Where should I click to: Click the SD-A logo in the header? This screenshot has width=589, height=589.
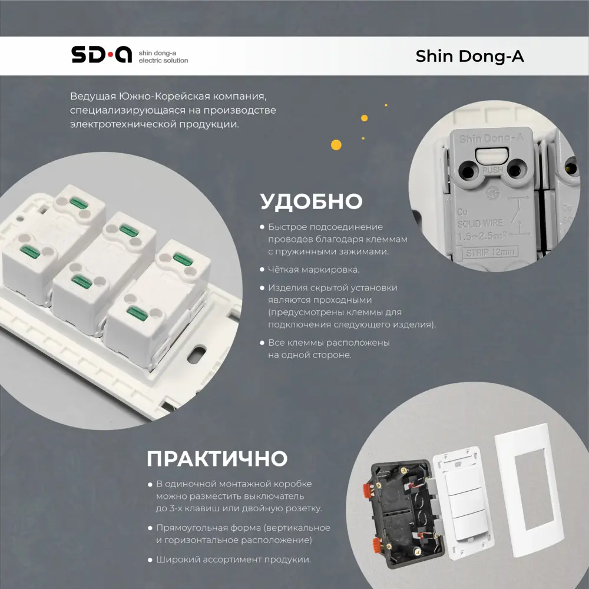(x=101, y=55)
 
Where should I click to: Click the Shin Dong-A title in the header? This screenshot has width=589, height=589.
(x=469, y=56)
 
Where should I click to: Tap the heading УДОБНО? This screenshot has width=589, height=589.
(x=311, y=201)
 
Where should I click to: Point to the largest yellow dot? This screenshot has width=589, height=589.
(x=336, y=144)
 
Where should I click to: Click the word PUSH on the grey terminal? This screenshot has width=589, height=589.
(x=492, y=170)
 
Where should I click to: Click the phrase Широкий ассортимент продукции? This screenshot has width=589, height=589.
(x=233, y=560)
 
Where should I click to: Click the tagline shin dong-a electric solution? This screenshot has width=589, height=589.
(x=163, y=57)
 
